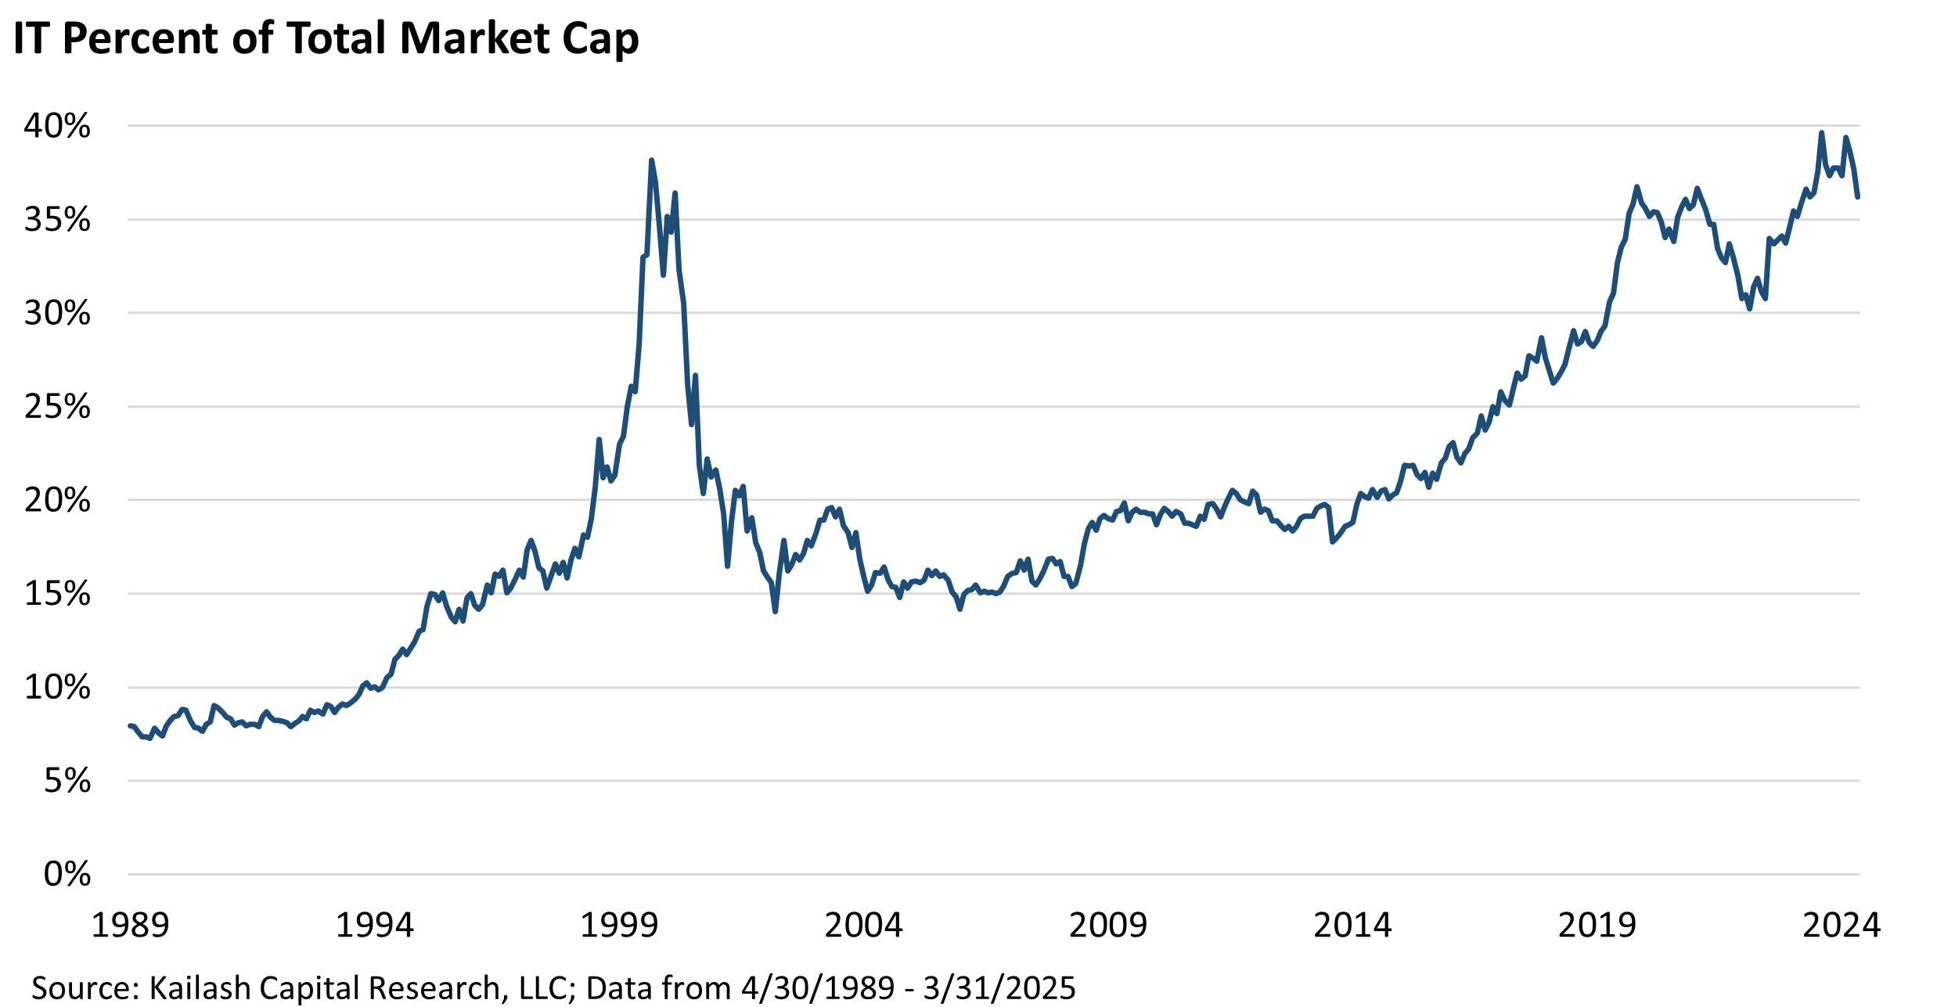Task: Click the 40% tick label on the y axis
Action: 57,126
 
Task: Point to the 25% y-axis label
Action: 57,407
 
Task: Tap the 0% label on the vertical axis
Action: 67,875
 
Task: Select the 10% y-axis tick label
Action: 57,688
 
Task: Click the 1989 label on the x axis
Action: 130,926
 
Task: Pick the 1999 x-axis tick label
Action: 618,926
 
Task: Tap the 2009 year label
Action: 1107,926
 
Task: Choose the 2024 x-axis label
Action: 1841,926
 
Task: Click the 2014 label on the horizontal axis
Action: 1352,926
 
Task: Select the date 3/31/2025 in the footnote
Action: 999,988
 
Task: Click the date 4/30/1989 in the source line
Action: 817,988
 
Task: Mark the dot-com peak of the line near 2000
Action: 651,160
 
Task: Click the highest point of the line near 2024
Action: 1821,133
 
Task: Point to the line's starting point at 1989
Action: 129,726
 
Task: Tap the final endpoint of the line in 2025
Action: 1858,197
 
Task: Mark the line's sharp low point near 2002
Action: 775,611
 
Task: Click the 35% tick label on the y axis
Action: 57,220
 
